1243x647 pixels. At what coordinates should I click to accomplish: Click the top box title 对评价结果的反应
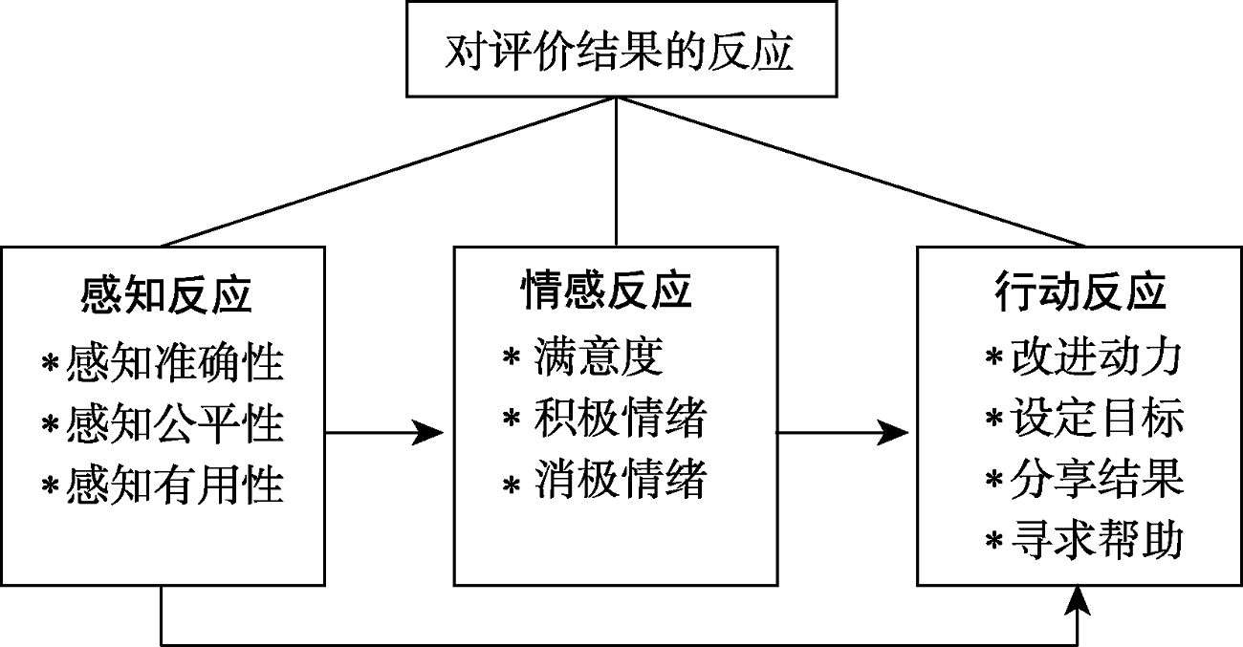[x=619, y=53]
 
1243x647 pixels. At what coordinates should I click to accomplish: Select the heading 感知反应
[x=166, y=295]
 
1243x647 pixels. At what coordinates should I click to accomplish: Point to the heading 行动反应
[x=1080, y=291]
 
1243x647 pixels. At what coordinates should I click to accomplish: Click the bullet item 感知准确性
[x=175, y=364]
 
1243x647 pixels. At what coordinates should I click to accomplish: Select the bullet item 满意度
[x=599, y=357]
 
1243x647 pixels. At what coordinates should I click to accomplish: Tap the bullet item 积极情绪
[x=620, y=419]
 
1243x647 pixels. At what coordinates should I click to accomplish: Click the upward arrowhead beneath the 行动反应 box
[x=1079, y=600]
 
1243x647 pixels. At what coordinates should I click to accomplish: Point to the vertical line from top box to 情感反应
[x=616, y=172]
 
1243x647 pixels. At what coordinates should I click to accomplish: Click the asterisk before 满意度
[x=511, y=359]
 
